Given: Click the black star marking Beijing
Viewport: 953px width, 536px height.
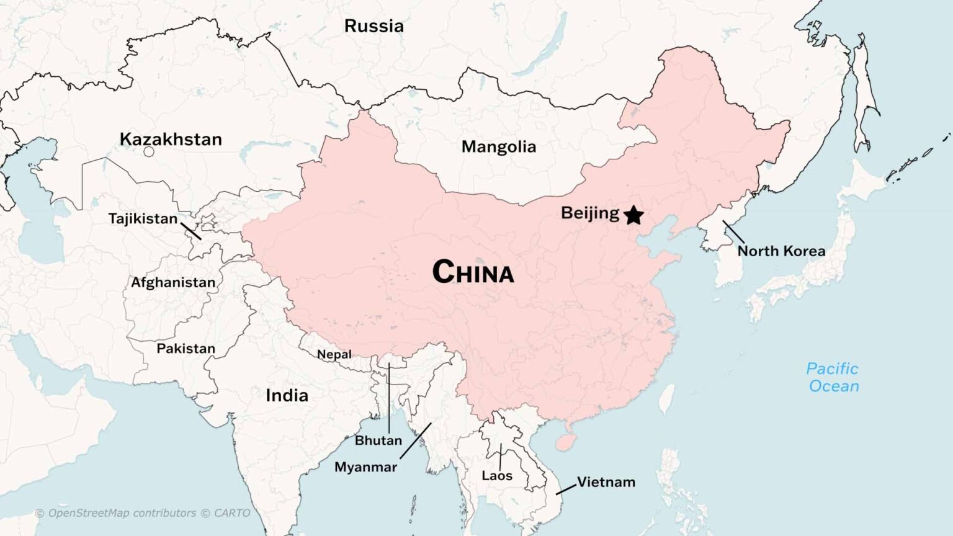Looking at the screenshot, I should point(633,215).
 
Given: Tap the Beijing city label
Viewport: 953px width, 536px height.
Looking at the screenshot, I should point(589,213).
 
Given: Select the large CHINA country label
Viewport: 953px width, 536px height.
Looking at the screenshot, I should point(473,272).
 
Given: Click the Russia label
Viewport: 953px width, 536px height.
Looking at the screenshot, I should point(374,26).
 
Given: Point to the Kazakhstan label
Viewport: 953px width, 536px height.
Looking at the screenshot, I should point(171,139).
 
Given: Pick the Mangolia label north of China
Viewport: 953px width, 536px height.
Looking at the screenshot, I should point(498,147).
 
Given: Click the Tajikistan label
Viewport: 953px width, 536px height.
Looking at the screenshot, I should point(143,219).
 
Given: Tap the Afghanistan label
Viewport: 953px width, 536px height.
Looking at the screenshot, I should point(173,282).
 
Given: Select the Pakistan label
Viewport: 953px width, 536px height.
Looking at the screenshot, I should point(186,349).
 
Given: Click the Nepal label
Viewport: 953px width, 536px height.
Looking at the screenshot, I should point(334,354).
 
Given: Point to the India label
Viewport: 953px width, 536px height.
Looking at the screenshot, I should point(287,395).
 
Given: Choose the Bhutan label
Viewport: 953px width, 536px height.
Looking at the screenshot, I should point(378,440).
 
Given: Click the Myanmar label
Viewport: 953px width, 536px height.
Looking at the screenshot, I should point(365,467).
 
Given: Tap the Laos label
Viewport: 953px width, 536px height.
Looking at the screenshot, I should point(497,476).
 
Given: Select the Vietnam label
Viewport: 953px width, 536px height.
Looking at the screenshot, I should point(606,482).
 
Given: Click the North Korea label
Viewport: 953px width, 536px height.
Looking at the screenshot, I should point(781,251).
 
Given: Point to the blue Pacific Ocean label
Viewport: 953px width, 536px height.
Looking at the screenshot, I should point(833,377).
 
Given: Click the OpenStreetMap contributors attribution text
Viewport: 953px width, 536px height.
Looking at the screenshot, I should point(143,513).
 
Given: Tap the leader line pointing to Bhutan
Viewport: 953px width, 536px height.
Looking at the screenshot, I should point(389,397).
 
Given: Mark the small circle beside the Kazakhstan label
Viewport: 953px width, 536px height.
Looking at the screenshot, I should point(149,151).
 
